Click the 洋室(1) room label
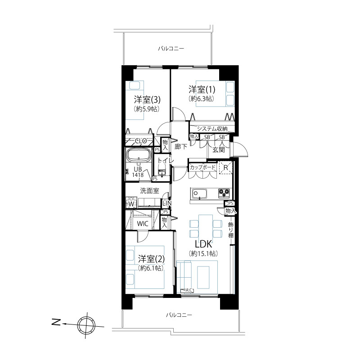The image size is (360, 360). click(202, 89)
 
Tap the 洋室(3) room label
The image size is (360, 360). click(147, 99)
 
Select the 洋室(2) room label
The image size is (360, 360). click(151, 259)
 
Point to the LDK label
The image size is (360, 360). click(203, 244)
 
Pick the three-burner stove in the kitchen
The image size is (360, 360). click(224, 193)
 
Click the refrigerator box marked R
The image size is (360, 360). click(226, 168)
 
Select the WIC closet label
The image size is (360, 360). click(143, 224)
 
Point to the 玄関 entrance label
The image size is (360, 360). click(218, 150)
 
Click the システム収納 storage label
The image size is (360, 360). click(212, 129)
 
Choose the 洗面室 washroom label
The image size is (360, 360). click(149, 190)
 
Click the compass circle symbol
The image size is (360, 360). click(86, 325)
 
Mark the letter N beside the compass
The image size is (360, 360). click(56, 323)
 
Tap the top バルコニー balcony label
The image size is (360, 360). click(171, 49)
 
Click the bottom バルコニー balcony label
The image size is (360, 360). click(179, 315)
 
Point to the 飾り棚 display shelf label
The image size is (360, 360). click(231, 230)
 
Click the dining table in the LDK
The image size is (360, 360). click(206, 227)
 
